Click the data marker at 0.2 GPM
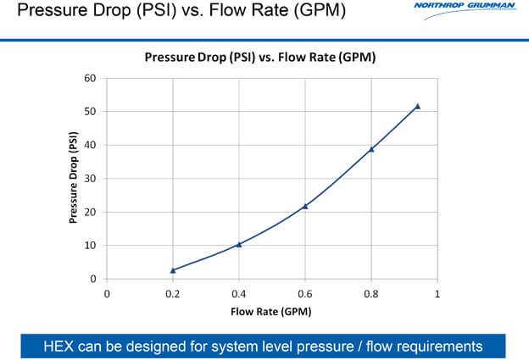coord(173,270)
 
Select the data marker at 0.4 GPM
coord(239,244)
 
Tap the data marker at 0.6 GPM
coord(305,206)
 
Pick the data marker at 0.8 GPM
coord(371,149)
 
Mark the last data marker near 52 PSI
coord(417,106)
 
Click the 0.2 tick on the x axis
coord(173,294)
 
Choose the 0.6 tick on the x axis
coord(305,294)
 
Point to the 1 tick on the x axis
coord(437,294)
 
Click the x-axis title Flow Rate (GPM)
coord(271,311)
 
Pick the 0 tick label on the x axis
coord(107,294)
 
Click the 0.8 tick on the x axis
coord(371,294)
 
